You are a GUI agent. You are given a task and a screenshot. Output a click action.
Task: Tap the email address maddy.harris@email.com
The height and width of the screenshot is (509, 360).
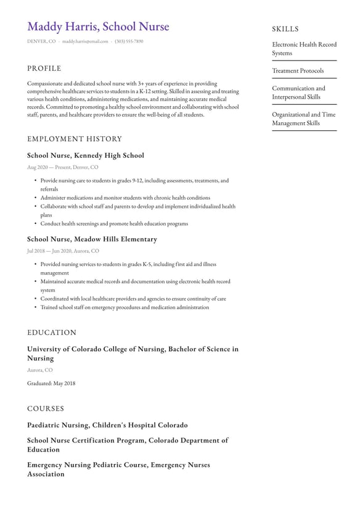click(x=85, y=41)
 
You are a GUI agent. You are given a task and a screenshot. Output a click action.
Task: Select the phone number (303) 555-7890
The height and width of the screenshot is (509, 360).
click(x=129, y=41)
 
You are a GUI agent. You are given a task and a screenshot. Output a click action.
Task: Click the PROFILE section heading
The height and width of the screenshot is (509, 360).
click(x=44, y=68)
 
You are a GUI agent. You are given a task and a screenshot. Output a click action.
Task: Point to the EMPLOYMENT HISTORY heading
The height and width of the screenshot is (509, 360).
click(x=75, y=139)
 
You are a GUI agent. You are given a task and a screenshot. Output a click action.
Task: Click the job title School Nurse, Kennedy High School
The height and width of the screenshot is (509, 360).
click(x=86, y=155)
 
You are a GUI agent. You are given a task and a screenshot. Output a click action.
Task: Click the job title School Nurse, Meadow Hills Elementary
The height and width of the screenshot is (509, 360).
click(x=92, y=239)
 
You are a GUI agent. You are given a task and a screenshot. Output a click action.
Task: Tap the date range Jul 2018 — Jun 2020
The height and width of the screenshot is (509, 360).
click(x=49, y=251)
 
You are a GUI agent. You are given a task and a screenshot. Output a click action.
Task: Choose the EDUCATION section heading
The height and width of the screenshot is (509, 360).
click(x=52, y=333)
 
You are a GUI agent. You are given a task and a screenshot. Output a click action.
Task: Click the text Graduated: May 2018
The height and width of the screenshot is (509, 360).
click(x=51, y=383)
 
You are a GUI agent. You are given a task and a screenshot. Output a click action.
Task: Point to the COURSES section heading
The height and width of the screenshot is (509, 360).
click(x=46, y=408)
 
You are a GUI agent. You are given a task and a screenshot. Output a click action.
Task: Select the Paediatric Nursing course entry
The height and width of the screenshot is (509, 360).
click(x=107, y=425)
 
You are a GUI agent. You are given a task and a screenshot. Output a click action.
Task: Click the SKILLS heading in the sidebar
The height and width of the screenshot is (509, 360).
click(x=285, y=29)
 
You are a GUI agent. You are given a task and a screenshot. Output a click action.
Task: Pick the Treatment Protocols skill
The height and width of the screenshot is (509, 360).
click(x=298, y=71)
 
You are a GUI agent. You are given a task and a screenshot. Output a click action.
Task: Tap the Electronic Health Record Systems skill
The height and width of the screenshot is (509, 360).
click(x=304, y=49)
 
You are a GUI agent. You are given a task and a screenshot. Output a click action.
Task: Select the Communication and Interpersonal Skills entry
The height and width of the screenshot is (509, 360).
click(x=298, y=93)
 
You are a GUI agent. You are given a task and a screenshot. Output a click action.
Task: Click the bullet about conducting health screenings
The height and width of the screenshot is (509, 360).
click(x=114, y=224)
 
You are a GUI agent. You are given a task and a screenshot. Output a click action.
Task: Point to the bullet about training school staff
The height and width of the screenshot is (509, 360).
click(x=125, y=307)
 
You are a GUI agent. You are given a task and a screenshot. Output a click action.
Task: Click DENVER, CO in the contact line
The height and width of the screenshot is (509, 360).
click(x=41, y=41)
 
